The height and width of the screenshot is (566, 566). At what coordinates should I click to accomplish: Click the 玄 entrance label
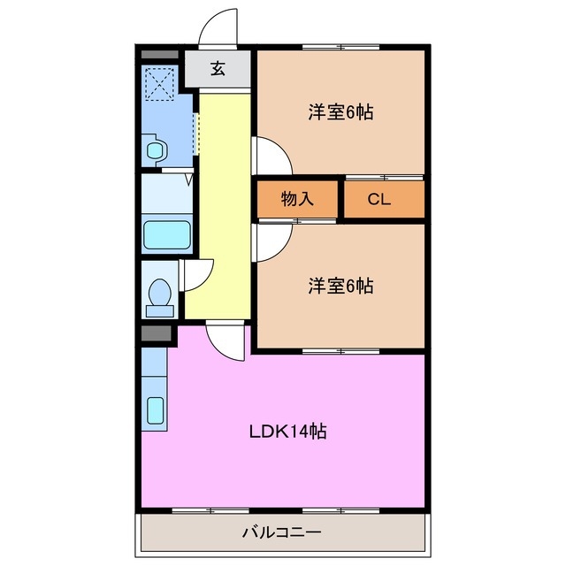point(218,68)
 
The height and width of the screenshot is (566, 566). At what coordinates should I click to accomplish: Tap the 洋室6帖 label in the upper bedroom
point(340,112)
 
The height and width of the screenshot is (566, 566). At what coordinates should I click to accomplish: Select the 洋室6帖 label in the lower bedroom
point(340,286)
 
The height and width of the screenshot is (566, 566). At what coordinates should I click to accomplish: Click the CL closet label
point(379,199)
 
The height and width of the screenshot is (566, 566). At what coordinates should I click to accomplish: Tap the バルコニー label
point(281,532)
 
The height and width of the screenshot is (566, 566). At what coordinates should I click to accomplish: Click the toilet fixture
point(161,295)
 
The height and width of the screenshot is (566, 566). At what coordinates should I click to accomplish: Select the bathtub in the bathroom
point(167,236)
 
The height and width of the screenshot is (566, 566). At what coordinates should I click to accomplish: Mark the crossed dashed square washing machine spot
point(160,84)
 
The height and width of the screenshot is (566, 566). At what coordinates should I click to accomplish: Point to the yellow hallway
point(219,203)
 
